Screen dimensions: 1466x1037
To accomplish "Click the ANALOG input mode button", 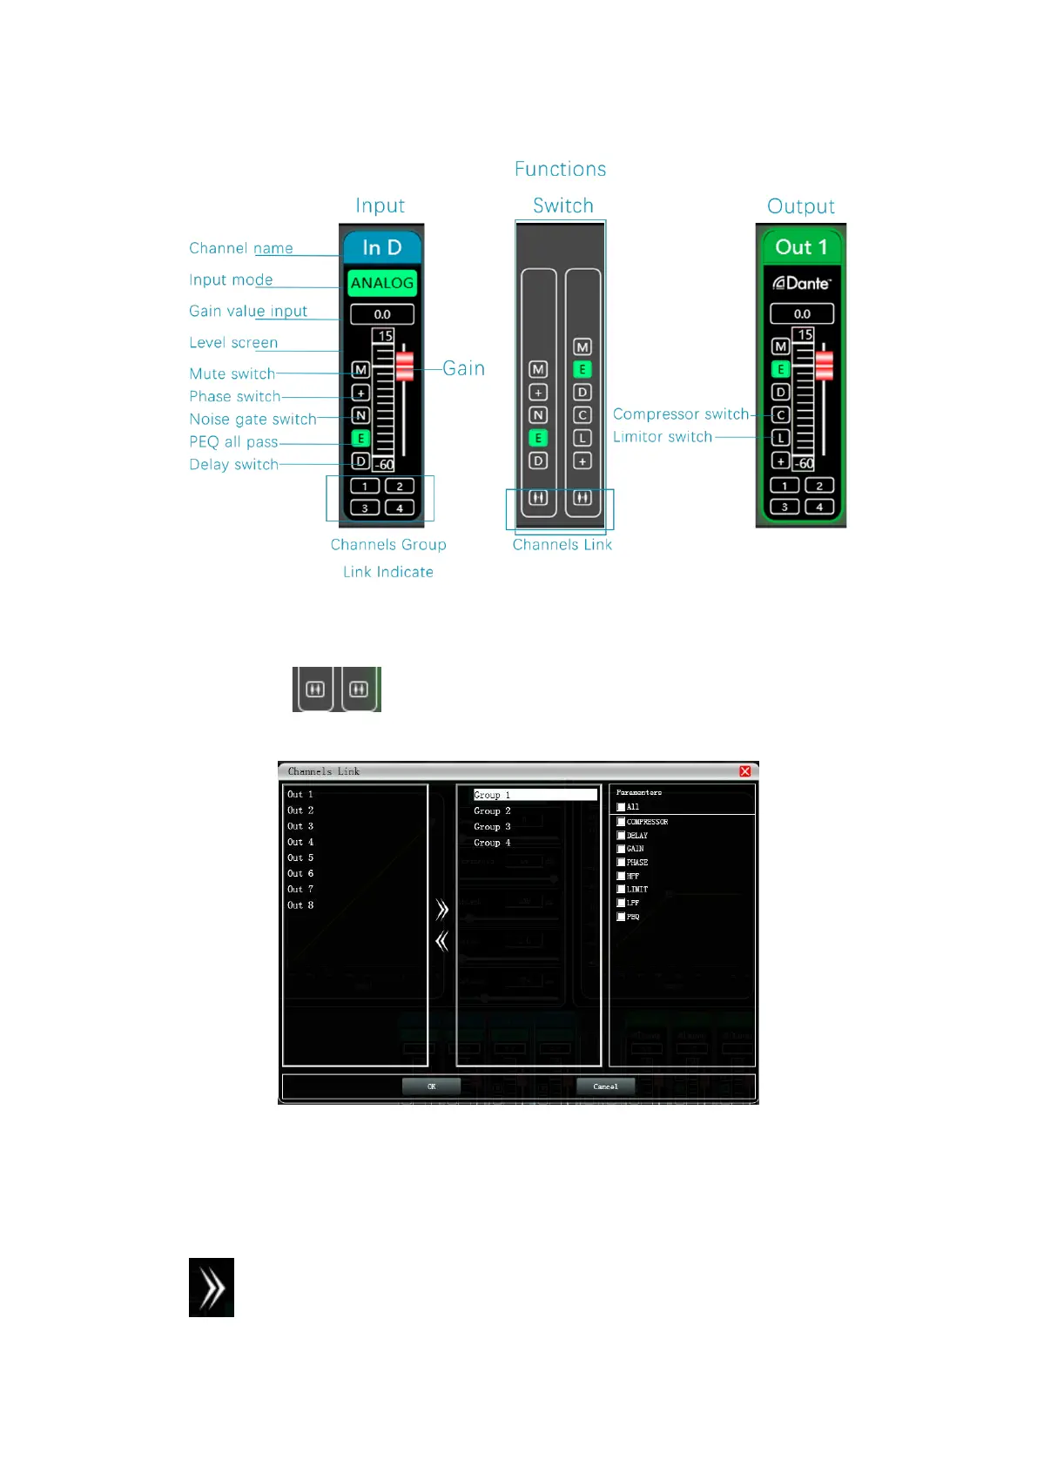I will (381, 283).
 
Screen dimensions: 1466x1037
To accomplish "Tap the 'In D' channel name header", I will (381, 247).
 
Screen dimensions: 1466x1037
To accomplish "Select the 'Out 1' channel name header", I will (801, 247).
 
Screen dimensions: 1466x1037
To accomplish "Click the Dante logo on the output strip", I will (802, 283).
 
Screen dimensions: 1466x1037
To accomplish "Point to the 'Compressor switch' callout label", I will (680, 414).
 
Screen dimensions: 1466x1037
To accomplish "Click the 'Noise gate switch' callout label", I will (253, 420).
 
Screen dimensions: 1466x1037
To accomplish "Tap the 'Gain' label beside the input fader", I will (463, 368).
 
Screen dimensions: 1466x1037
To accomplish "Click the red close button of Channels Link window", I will (745, 771).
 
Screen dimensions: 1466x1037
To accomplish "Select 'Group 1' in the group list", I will (492, 795).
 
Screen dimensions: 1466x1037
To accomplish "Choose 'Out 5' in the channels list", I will (300, 857).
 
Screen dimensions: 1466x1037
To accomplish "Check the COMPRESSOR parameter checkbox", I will (621, 822).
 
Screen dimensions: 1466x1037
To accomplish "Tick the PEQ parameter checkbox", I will (621, 917).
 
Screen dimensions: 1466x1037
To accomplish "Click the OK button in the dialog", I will (431, 1086).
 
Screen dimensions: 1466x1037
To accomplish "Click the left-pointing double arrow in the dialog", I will (442, 941).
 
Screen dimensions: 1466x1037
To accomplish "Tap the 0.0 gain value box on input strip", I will (382, 314).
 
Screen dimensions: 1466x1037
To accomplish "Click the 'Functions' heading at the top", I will (560, 169).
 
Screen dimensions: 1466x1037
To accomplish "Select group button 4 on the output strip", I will (819, 507).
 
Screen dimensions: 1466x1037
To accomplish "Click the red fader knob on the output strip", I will (824, 365).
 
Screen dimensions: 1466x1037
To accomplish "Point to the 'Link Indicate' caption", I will (387, 572).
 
